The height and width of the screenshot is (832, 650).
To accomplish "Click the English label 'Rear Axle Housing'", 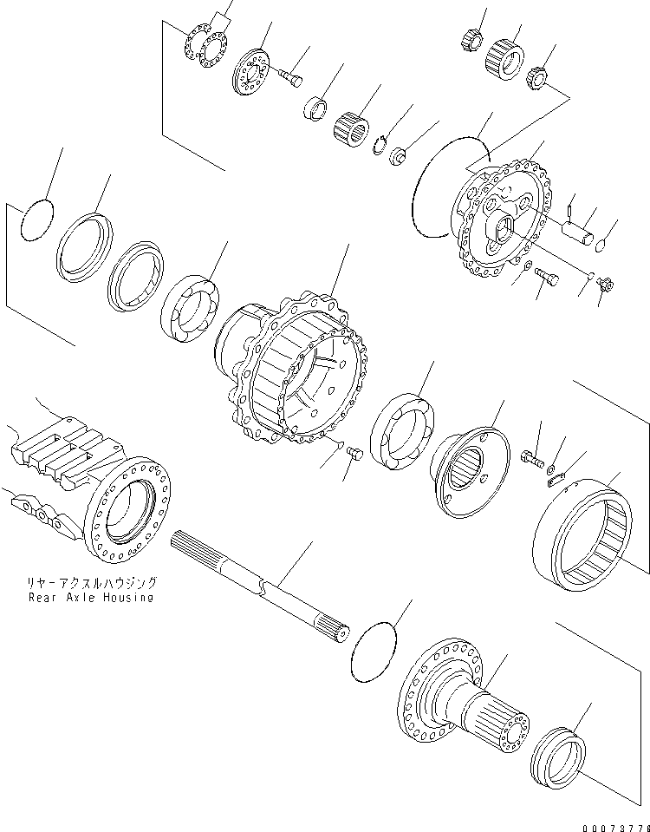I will click(x=90, y=597).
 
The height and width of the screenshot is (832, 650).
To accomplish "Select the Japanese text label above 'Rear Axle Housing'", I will click(x=91, y=584).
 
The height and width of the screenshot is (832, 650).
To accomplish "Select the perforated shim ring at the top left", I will click(x=206, y=44).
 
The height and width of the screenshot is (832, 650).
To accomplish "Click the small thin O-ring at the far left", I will click(x=36, y=222).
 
